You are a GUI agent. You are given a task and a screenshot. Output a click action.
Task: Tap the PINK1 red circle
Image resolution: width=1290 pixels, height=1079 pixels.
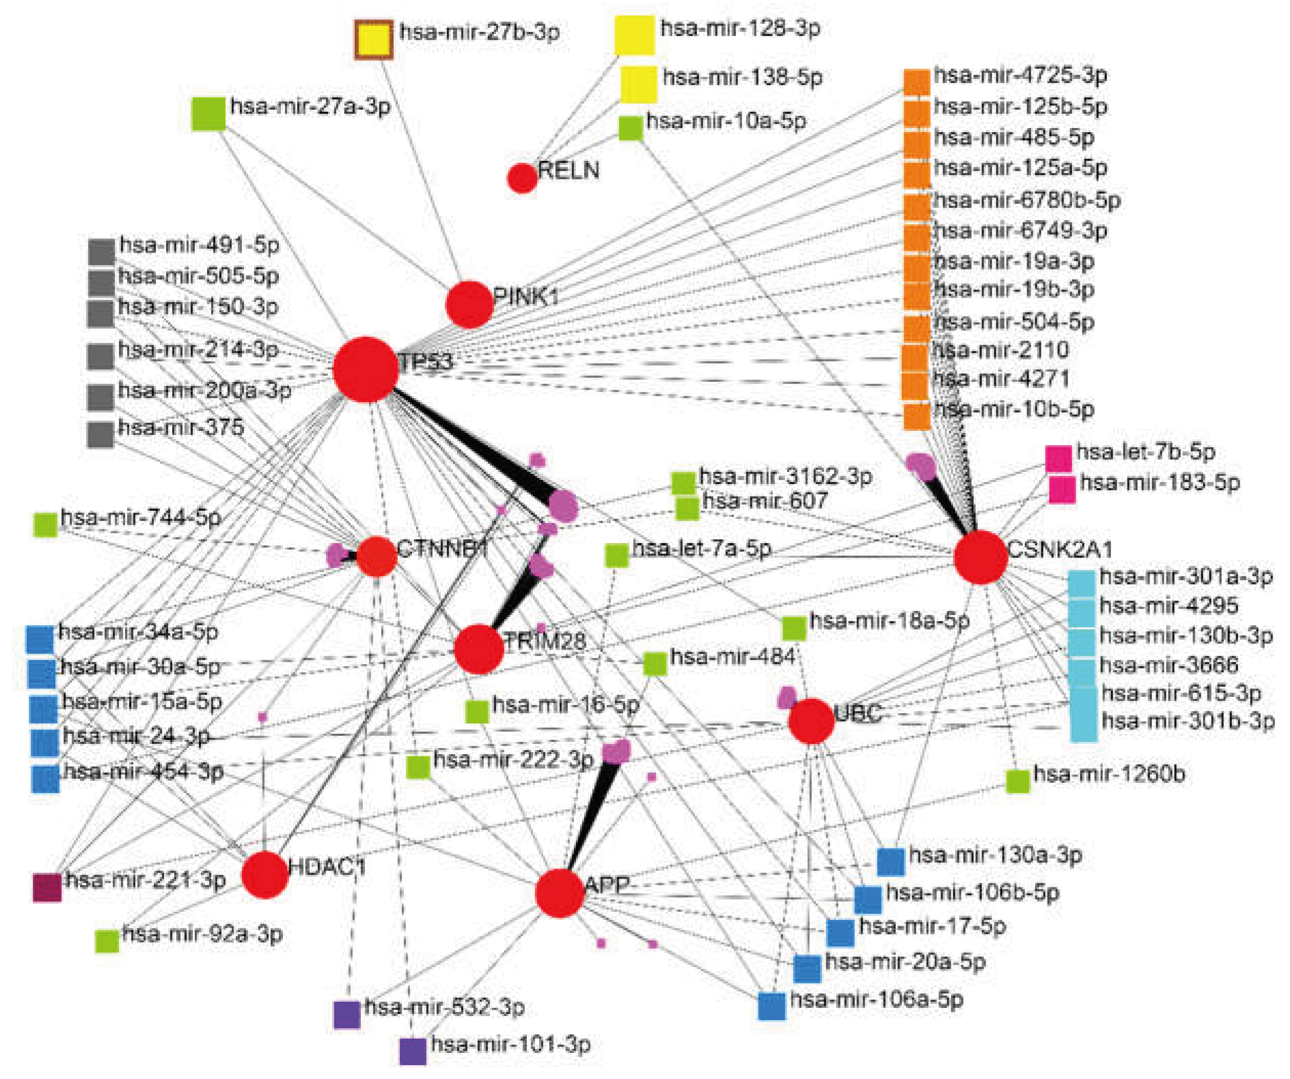(469, 304)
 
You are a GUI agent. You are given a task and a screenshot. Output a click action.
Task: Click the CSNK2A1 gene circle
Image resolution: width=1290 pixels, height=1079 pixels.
(980, 557)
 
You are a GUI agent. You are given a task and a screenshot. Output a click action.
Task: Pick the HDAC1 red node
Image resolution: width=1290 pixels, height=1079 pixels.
(265, 875)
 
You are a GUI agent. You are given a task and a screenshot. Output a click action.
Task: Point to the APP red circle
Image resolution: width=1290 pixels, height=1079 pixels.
(559, 894)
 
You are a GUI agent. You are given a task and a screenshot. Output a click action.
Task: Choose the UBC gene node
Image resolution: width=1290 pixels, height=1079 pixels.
(811, 721)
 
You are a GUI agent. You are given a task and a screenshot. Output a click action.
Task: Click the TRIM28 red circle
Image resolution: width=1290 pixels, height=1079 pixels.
(479, 649)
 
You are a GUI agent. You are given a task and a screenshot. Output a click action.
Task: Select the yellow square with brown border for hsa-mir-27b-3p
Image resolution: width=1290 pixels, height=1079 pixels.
(374, 40)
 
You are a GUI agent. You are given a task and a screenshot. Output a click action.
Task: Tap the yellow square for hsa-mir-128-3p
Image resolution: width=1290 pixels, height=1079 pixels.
(634, 34)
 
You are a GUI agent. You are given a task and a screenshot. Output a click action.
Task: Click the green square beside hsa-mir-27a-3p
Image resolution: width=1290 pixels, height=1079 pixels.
(208, 114)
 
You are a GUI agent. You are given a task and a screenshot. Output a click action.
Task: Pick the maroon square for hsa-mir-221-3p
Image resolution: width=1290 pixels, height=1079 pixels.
(47, 887)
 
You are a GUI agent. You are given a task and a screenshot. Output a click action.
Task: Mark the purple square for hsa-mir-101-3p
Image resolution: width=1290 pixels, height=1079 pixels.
(413, 1051)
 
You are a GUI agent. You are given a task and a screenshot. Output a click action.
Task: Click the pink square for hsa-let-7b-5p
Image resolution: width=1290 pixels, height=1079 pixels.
(1058, 459)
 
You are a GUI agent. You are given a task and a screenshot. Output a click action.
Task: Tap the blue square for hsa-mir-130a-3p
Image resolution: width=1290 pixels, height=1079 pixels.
(891, 861)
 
